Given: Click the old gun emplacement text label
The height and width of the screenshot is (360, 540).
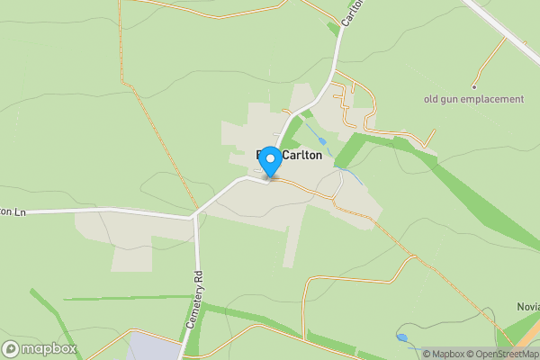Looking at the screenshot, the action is pyautogui.click(x=473, y=99).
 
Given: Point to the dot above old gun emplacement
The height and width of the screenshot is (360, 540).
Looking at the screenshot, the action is pyautogui.click(x=473, y=86).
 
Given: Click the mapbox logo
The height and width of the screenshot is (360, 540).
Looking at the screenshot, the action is pyautogui.click(x=40, y=348).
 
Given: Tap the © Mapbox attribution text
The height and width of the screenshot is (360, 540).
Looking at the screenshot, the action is pyautogui.click(x=444, y=354).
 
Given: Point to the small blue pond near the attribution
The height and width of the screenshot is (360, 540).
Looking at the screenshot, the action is pyautogui.click(x=401, y=338).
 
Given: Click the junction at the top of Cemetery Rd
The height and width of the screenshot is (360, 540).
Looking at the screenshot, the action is pyautogui.click(x=193, y=216).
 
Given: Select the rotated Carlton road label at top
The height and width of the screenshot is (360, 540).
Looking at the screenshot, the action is pyautogui.click(x=350, y=15).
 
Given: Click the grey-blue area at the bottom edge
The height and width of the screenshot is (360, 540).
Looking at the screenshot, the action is pyautogui.click(x=154, y=346).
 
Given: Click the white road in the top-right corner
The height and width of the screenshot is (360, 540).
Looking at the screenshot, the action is pyautogui.click(x=504, y=26).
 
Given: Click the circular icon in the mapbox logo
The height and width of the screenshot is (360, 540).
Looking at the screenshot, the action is pyautogui.click(x=11, y=348).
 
